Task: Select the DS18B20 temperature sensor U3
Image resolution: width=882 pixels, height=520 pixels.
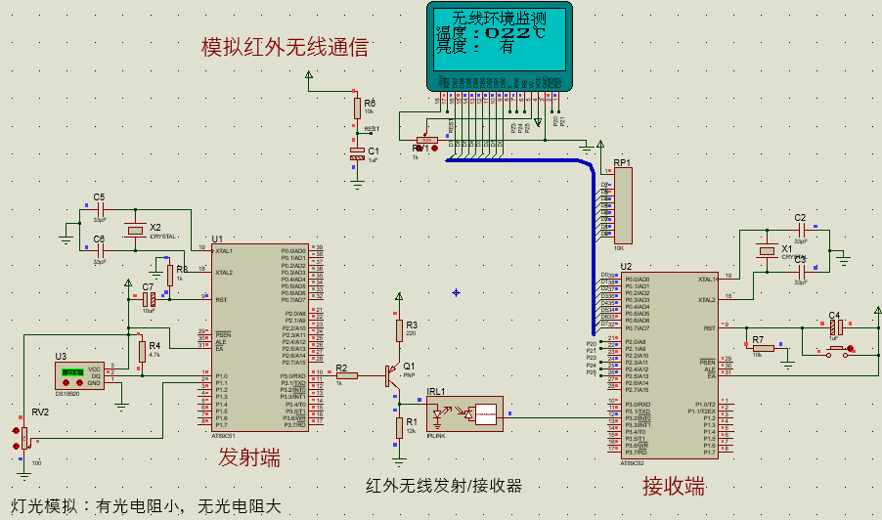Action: coord(78,375)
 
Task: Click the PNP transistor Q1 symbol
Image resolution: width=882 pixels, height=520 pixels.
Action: coord(395,374)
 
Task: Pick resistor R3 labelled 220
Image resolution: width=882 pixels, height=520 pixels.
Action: coord(399,330)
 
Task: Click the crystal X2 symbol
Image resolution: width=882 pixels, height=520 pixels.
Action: coord(135,230)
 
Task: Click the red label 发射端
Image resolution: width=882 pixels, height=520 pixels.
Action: coord(247,456)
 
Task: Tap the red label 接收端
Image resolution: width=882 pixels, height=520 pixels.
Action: coord(674,486)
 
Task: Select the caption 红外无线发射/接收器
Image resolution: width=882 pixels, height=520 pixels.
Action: coord(444,485)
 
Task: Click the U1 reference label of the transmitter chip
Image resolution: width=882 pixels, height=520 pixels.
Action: coord(217,238)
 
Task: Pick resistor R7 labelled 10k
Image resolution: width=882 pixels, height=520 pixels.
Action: coord(764,348)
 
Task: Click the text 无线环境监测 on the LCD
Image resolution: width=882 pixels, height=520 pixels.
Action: coord(499,18)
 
